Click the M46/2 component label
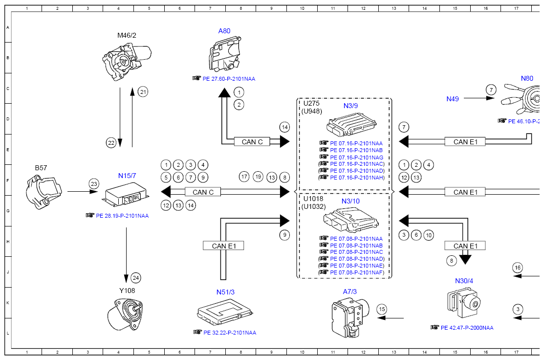point(127,35)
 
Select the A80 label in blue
point(224,31)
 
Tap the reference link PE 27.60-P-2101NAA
point(229,79)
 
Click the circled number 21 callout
point(143,92)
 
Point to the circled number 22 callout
point(111,143)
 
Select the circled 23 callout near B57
point(94,184)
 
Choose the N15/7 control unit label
point(127,176)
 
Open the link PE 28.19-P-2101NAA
point(122,216)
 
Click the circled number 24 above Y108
point(136,278)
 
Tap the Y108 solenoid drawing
point(125,314)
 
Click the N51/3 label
point(225,292)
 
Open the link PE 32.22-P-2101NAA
point(230,333)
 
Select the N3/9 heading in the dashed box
point(350,106)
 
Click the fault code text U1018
point(313,199)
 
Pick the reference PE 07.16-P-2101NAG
point(357,157)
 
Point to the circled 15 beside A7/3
point(382,309)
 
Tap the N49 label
point(453,99)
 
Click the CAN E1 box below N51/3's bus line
point(223,246)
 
